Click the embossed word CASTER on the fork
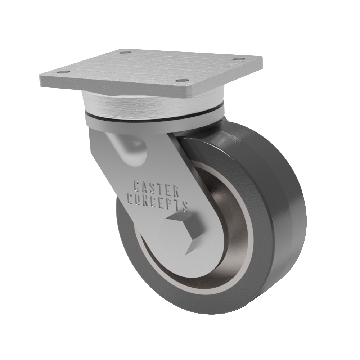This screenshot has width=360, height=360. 156,188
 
